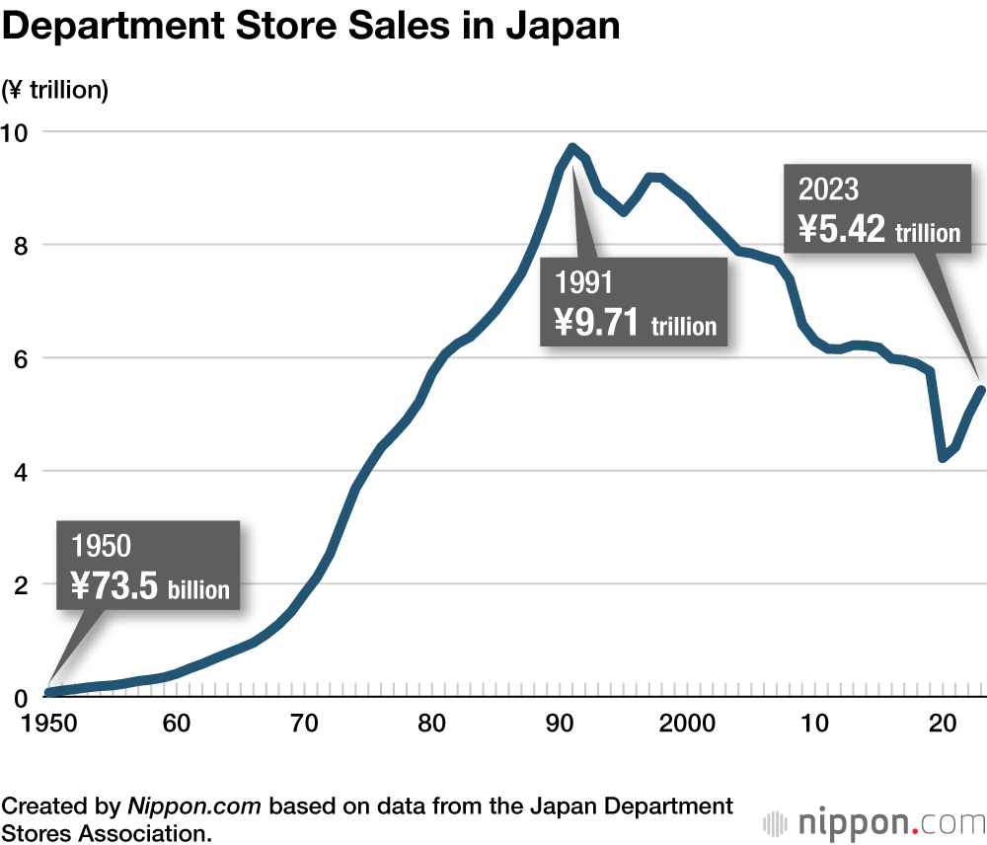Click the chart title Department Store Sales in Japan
point(312,27)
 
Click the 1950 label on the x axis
point(48,727)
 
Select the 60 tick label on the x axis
point(176,727)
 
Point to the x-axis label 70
point(304,727)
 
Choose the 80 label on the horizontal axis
point(431,727)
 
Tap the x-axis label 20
point(942,727)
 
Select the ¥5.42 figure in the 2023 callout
point(842,229)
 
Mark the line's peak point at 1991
point(572,147)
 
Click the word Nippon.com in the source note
point(194,806)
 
